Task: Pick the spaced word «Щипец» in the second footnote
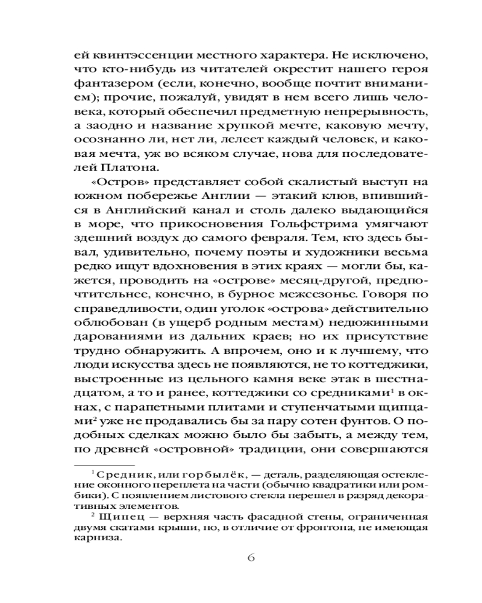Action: tap(118, 516)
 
